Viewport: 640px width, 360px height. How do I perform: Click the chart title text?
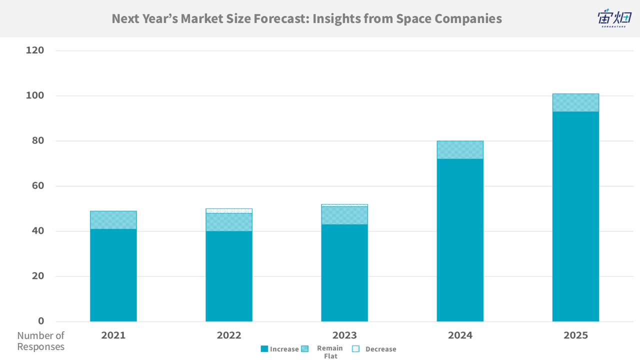coord(306,19)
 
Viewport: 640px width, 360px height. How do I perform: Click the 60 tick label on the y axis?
coord(37,186)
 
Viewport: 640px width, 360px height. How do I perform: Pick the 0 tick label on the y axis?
coord(41,321)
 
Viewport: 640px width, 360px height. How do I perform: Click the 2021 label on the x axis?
coord(113,335)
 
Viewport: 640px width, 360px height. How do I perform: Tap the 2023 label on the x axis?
coord(344,335)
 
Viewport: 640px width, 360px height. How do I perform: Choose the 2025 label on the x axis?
coord(575,335)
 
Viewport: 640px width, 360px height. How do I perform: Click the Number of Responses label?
coord(41,341)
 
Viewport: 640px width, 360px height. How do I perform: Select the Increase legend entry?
coord(279,349)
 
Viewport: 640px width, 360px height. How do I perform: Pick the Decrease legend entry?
coord(375,349)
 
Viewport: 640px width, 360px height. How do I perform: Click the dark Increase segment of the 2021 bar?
coord(113,275)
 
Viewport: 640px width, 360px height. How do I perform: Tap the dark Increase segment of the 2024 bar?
coord(460,240)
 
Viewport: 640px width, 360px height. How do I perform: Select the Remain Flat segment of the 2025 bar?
coord(575,102)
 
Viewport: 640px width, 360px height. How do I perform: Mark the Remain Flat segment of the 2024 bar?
coord(460,150)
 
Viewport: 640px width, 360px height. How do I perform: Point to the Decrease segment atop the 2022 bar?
coord(229,211)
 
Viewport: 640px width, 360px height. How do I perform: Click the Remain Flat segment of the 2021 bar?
coord(113,220)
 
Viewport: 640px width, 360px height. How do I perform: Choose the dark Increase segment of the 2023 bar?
coord(344,272)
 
